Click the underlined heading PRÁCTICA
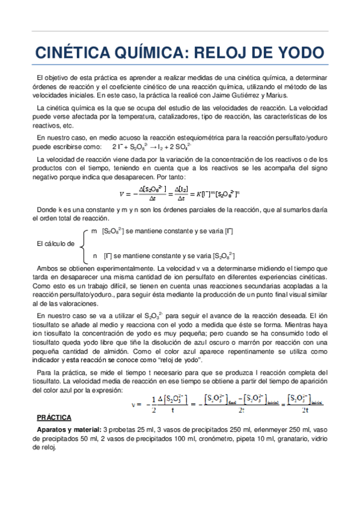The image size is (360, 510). pos(54,417)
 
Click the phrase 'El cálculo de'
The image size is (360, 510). pos(56,244)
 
